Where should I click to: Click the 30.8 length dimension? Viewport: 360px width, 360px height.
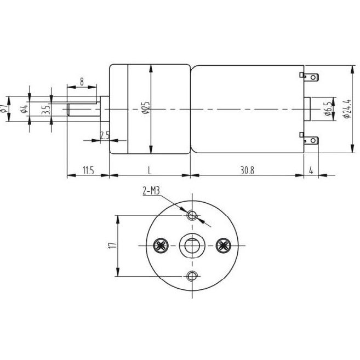[x=247, y=170]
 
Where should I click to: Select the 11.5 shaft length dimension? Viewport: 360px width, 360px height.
[x=88, y=170]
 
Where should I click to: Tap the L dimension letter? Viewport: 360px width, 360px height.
[x=150, y=170]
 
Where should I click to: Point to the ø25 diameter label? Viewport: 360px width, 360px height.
[x=145, y=108]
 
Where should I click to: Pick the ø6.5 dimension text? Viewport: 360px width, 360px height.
[x=328, y=108]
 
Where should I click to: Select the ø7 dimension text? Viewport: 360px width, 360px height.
[x=4, y=108]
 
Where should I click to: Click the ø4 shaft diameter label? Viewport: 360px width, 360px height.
[x=24, y=108]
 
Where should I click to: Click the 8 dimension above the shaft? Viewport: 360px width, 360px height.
[x=82, y=82]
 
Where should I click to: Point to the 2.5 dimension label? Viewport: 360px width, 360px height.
[x=105, y=135]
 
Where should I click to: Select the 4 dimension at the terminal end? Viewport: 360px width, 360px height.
[x=311, y=170]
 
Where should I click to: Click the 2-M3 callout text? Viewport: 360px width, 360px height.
[x=151, y=191]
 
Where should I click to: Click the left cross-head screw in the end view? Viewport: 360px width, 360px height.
[x=161, y=245]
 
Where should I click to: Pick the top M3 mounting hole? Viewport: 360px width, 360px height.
[x=191, y=215]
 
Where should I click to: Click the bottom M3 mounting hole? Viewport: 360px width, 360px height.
[x=191, y=276]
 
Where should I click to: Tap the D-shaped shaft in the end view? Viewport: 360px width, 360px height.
[x=191, y=245]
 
